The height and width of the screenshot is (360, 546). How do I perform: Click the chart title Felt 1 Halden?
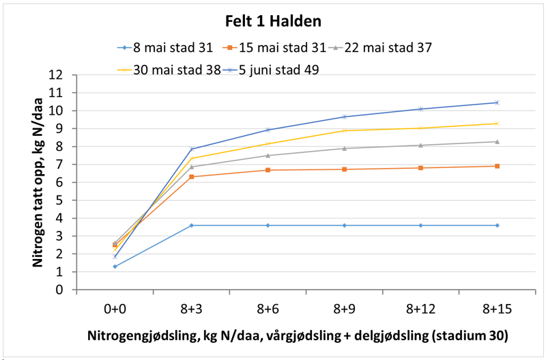pos(273,20)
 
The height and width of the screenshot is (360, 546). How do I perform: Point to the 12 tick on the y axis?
pos(63,74)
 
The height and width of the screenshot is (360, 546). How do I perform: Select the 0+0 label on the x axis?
pos(115,309)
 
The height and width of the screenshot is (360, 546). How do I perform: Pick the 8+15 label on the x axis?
pos(497,309)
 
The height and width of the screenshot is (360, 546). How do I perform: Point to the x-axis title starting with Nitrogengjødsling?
pos(297,337)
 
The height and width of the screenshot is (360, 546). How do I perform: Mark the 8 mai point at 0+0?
pos(115,266)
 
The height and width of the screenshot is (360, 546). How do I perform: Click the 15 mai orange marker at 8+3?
pos(191,176)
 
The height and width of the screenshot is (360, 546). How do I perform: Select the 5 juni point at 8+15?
pos(497,102)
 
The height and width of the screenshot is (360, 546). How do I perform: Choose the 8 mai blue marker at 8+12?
pos(420,225)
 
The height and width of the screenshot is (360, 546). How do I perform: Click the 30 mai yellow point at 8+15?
pos(497,123)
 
